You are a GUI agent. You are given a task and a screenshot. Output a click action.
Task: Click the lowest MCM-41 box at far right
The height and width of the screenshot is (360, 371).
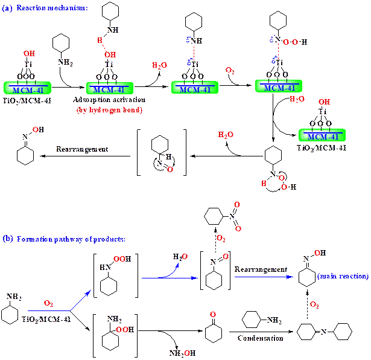[322, 135]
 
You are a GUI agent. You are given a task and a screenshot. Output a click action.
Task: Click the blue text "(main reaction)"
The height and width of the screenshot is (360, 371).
[342, 277]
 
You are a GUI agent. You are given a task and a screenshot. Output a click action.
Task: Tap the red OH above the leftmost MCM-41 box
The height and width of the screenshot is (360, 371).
[29, 54]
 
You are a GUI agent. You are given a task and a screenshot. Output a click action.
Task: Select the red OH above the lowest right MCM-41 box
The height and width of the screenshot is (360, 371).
[325, 102]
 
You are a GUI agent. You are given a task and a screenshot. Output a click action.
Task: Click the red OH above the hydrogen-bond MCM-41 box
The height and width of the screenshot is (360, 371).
[110, 54]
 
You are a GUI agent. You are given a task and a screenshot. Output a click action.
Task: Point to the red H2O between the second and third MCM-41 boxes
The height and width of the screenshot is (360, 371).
[160, 65]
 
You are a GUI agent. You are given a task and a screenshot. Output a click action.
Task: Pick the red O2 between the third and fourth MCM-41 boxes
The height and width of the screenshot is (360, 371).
[230, 71]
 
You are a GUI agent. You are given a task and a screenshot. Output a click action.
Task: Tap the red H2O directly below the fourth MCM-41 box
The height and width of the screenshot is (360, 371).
[297, 99]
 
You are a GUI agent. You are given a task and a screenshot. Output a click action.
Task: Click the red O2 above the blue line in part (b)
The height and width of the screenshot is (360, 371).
[49, 303]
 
